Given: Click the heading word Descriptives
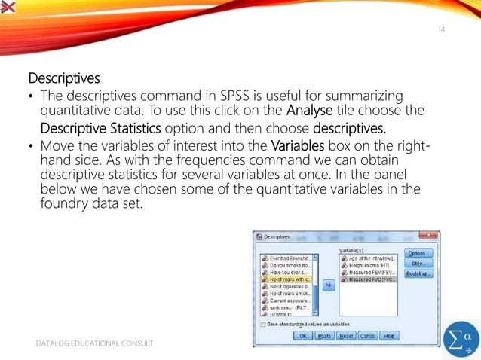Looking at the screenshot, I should point(64,78).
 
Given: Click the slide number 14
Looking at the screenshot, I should point(442,29).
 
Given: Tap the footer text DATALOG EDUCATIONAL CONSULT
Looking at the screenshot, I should point(96,343).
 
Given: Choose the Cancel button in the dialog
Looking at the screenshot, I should point(368,336).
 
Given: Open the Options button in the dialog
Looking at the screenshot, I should point(418,253).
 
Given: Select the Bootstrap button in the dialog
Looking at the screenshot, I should point(418,273).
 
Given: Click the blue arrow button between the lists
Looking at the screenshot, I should point(329,285).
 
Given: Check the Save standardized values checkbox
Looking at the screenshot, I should point(262,325).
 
